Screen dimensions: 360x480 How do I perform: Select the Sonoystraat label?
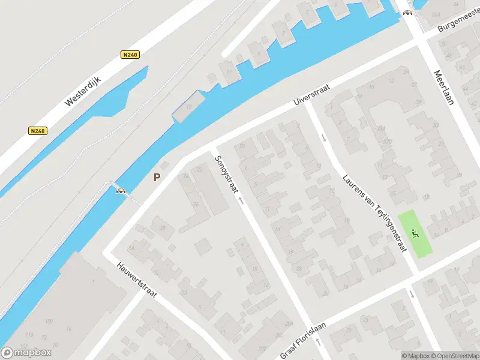226,174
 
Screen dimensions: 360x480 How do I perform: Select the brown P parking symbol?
157,177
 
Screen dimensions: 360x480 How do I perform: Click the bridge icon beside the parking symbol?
121,191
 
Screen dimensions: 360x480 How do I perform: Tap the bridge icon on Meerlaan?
409,13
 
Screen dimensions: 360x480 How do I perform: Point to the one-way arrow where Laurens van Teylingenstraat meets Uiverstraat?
323,137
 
